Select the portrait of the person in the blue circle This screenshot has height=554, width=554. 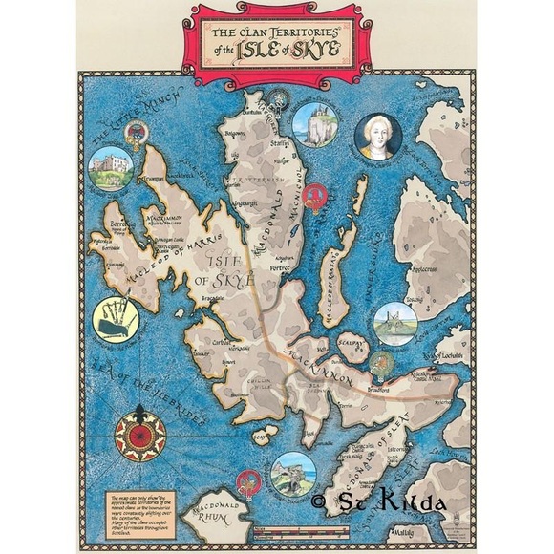(377, 137)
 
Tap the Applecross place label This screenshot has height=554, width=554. (423, 270)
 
